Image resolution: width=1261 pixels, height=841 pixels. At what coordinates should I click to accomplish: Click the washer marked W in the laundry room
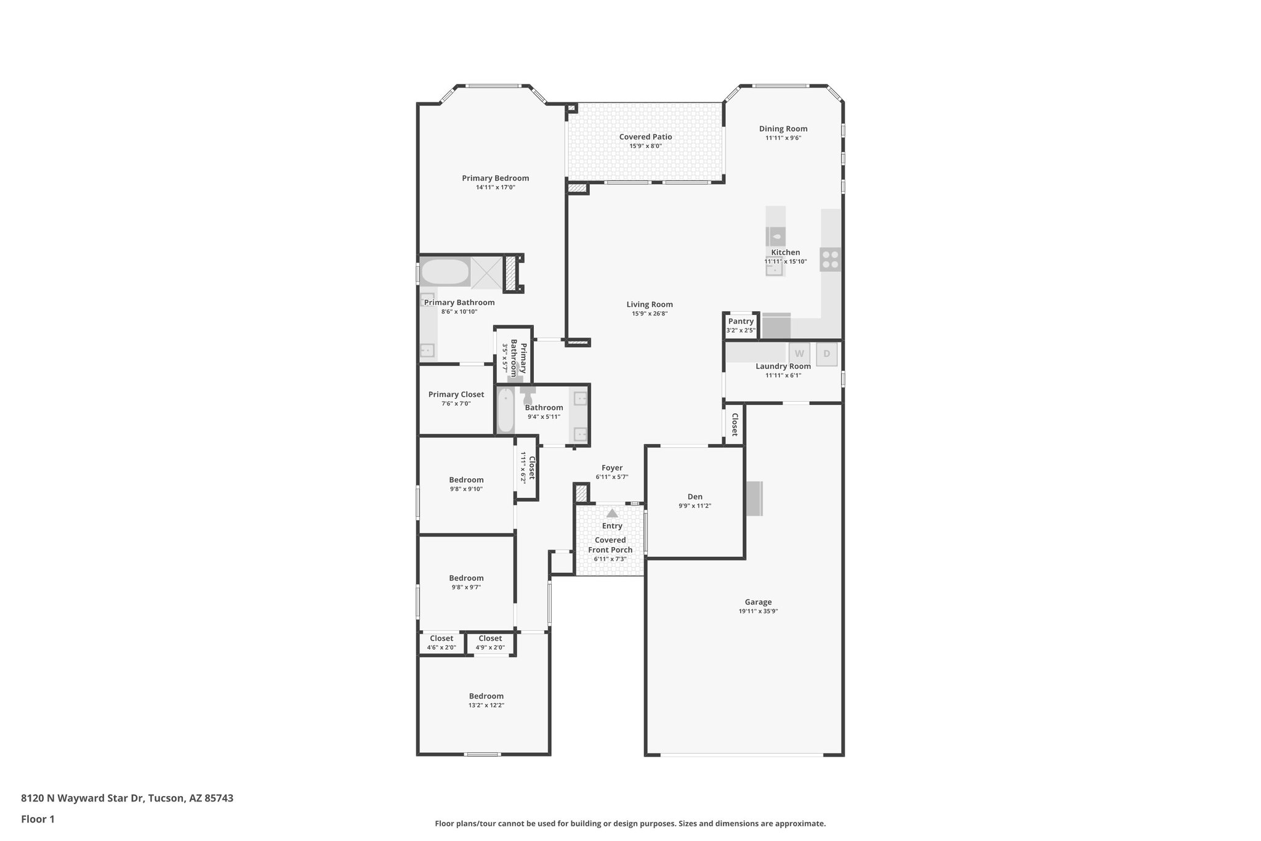[x=799, y=354]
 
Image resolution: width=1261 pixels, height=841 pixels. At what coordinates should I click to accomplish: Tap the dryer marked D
[x=826, y=354]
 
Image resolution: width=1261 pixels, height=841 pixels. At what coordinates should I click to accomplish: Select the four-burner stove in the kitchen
[x=830, y=259]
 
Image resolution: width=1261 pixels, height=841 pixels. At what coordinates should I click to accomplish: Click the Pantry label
[x=741, y=321]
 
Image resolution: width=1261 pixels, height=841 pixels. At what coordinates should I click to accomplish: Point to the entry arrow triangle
[x=611, y=513]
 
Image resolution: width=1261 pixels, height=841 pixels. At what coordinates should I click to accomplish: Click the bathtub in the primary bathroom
[x=445, y=272]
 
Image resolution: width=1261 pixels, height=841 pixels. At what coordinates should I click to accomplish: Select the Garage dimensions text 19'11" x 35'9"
[x=758, y=611]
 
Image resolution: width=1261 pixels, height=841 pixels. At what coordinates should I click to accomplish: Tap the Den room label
[x=695, y=497]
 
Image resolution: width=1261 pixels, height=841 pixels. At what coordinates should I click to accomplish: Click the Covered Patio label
[x=645, y=137]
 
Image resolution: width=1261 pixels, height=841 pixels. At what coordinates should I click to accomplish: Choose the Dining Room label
[x=783, y=129]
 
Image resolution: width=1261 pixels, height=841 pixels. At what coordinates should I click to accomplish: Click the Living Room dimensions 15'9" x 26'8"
[x=650, y=314]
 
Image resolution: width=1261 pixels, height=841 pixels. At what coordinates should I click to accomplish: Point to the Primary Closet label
[x=456, y=394]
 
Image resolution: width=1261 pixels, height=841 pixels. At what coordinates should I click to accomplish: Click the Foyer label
[x=612, y=468]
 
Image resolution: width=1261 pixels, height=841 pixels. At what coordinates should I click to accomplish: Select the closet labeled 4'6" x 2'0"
[x=441, y=643]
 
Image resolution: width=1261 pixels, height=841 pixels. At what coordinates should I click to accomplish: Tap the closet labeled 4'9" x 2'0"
[x=490, y=643]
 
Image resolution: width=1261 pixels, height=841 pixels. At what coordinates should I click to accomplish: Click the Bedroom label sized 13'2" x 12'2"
[x=486, y=696]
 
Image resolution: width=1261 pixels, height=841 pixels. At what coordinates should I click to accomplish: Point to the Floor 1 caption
[x=38, y=819]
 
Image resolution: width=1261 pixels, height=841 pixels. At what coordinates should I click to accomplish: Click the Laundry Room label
[x=783, y=366]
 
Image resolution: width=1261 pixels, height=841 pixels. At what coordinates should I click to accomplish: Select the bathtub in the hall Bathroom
[x=506, y=410]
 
